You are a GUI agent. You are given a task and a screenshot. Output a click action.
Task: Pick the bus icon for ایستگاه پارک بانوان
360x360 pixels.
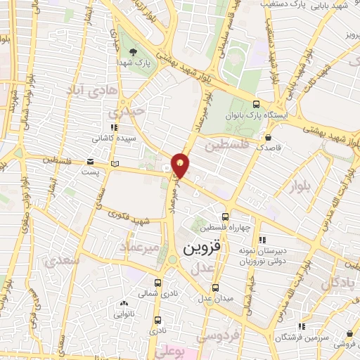pyautogui.click(x=266, y=99)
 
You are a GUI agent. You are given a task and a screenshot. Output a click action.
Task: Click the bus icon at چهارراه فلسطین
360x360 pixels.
pyautogui.click(x=225, y=217)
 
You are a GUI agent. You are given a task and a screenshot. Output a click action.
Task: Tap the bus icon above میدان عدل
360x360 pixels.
pyautogui.click(x=215, y=286)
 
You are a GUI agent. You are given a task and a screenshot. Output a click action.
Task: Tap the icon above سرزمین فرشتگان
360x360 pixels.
pyautogui.click(x=302, y=326)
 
